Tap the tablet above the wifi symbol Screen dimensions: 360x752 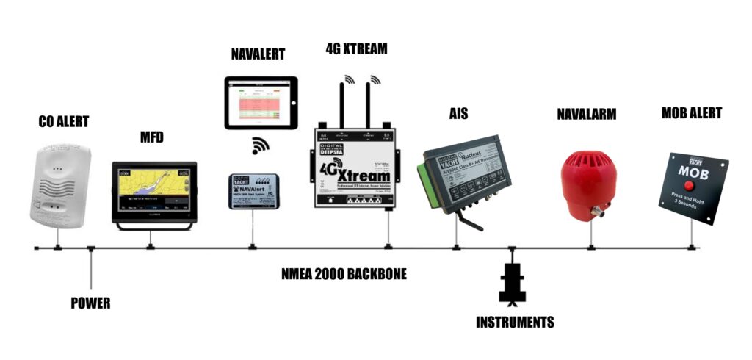[261, 103]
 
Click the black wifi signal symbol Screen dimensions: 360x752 [260, 145]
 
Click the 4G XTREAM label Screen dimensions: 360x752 [356, 49]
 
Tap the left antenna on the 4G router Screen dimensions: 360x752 [342, 103]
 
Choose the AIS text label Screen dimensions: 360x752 [458, 114]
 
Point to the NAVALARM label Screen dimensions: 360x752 [586, 114]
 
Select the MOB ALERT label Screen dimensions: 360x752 [691, 113]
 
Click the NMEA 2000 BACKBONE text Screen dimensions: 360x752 [344, 274]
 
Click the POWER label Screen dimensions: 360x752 [90, 303]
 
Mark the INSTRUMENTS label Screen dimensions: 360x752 [514, 322]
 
